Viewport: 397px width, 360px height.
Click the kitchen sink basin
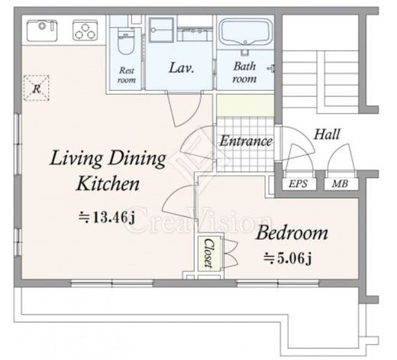[x=42, y=31]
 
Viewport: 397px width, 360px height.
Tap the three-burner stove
[x=86, y=31]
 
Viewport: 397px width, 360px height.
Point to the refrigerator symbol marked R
[x=36, y=88]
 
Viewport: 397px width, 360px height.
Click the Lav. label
[x=182, y=68]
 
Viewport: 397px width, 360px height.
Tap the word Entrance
[x=246, y=141]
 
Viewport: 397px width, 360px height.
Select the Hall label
[x=327, y=135]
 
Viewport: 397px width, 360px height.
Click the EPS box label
[x=299, y=183]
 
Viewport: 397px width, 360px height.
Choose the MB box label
[x=340, y=183]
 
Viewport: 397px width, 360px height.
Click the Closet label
[x=209, y=253]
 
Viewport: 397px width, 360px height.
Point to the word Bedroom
[x=292, y=233]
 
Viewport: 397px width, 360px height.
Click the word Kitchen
[x=108, y=183]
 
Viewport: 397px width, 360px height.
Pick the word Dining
[x=137, y=158]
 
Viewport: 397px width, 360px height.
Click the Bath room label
[x=244, y=73]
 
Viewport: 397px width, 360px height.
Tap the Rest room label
[x=127, y=75]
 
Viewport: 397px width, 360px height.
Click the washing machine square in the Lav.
[x=161, y=30]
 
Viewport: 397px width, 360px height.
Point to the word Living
[x=76, y=158]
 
